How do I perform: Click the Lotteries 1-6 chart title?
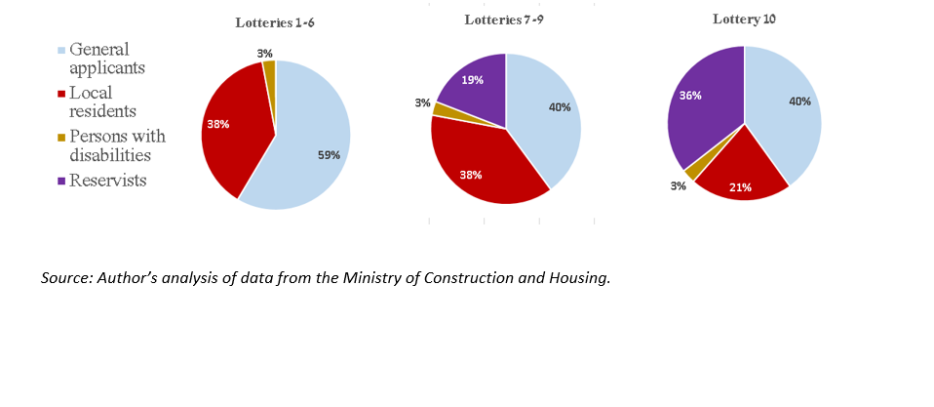point(274,22)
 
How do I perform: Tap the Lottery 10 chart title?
point(743,19)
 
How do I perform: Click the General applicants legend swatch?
point(63,50)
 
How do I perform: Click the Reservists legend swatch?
point(63,180)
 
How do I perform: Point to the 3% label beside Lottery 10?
point(679,185)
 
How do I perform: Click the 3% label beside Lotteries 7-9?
point(422,102)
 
